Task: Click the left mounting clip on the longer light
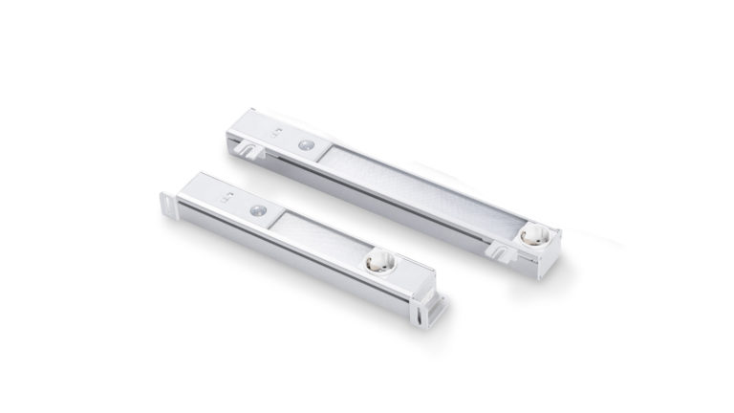pyautogui.click(x=251, y=149)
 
